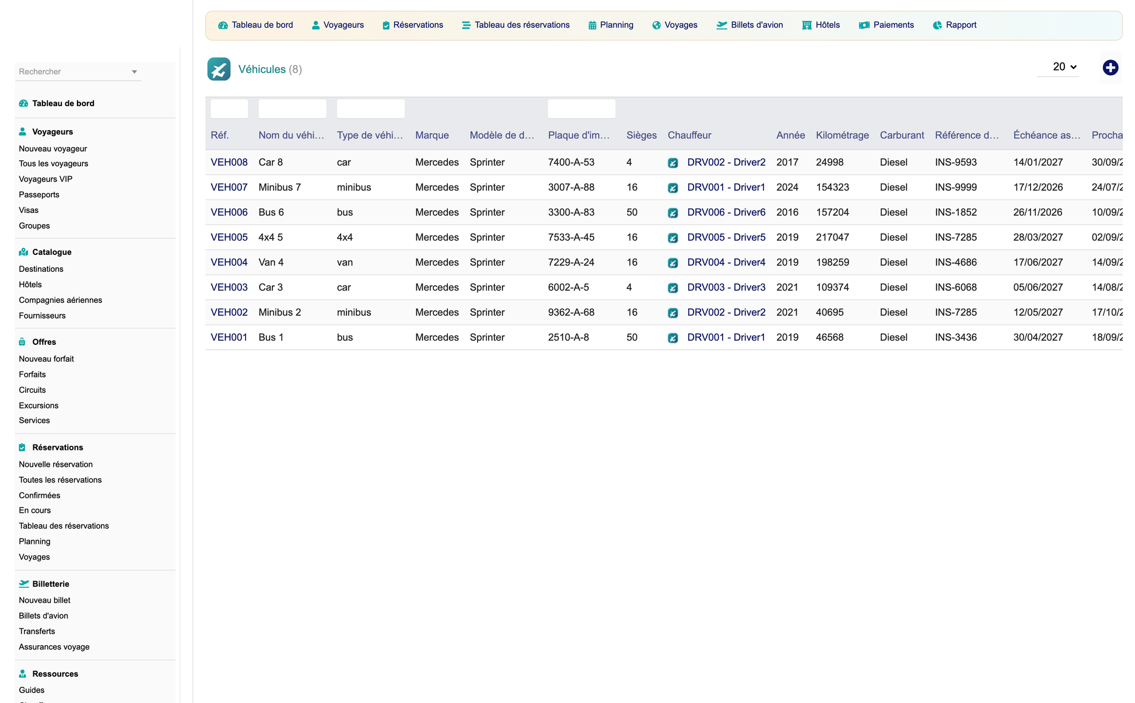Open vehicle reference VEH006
click(229, 212)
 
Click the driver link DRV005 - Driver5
click(726, 237)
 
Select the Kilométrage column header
click(842, 135)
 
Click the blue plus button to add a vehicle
click(1110, 68)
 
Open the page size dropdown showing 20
click(1064, 67)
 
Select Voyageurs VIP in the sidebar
click(45, 179)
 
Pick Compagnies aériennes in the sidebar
click(61, 300)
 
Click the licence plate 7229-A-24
click(571, 263)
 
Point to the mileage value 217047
click(832, 237)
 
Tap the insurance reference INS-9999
click(955, 187)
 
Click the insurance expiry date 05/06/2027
click(1038, 288)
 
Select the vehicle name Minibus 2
click(280, 313)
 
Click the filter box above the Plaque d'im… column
click(581, 109)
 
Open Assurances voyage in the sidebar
click(54, 647)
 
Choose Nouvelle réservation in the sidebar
click(56, 464)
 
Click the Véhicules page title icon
click(219, 69)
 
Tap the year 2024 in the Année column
click(787, 187)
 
